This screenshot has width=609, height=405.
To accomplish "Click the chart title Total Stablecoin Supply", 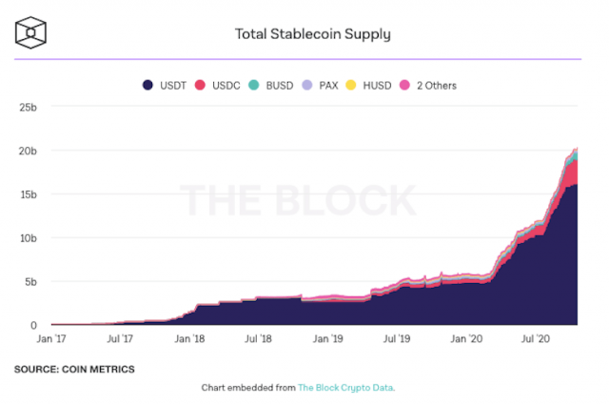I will [313, 35].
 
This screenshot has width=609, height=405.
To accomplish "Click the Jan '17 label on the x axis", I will [50, 338].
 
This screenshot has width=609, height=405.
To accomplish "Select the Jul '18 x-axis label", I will [257, 338].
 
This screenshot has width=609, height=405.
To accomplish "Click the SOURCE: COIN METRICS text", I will [74, 369].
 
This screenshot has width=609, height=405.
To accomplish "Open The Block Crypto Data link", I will [344, 388].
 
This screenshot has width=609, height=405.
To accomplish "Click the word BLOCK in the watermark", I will [342, 202].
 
